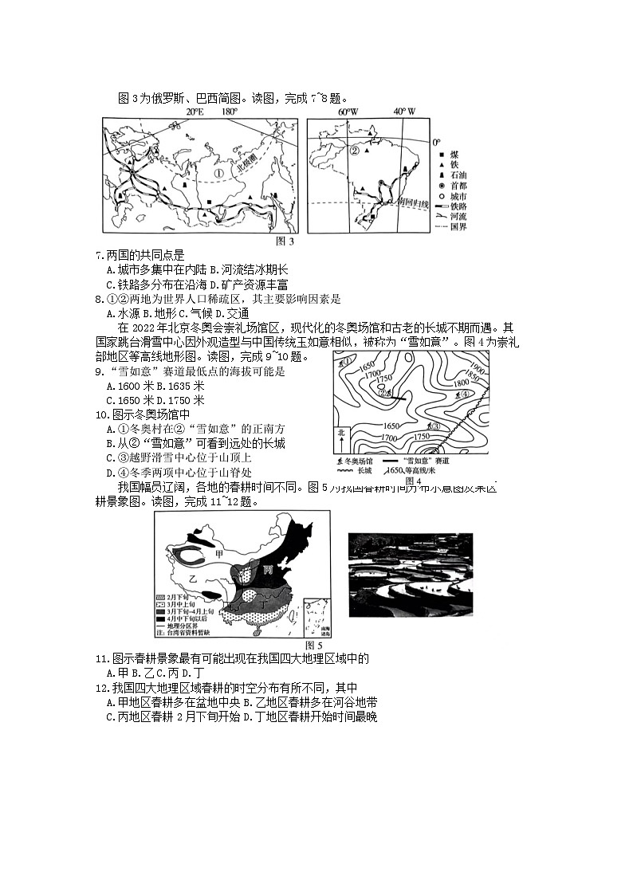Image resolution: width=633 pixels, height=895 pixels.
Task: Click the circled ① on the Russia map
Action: click(x=218, y=173)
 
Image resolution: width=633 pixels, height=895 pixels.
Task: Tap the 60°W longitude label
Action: click(x=348, y=112)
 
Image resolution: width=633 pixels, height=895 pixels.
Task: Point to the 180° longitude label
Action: click(x=229, y=112)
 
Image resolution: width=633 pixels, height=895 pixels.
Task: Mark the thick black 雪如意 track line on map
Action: click(x=399, y=395)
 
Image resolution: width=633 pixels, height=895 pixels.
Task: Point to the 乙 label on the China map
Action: click(x=192, y=577)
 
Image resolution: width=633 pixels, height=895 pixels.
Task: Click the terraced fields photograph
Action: click(x=411, y=574)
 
